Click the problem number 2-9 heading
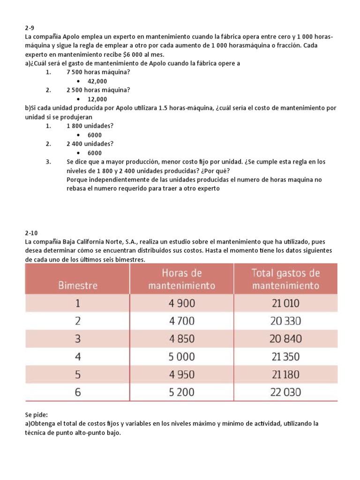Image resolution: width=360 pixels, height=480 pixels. click(x=30, y=28)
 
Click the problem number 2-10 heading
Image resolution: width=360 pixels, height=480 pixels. click(x=31, y=232)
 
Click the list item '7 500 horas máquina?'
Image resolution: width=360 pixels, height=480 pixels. click(x=98, y=72)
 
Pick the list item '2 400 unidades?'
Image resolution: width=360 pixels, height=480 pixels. click(x=90, y=144)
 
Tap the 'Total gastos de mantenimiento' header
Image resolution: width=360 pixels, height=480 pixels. click(x=285, y=279)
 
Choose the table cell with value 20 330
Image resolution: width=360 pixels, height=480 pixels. click(x=285, y=321)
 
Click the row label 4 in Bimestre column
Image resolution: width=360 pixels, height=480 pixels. click(x=78, y=357)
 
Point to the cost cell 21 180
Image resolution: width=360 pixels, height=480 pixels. click(x=285, y=375)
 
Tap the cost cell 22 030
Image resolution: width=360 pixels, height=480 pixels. click(x=285, y=392)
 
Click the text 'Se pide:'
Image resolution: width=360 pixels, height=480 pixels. click(x=37, y=415)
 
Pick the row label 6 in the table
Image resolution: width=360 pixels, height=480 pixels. click(x=78, y=392)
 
